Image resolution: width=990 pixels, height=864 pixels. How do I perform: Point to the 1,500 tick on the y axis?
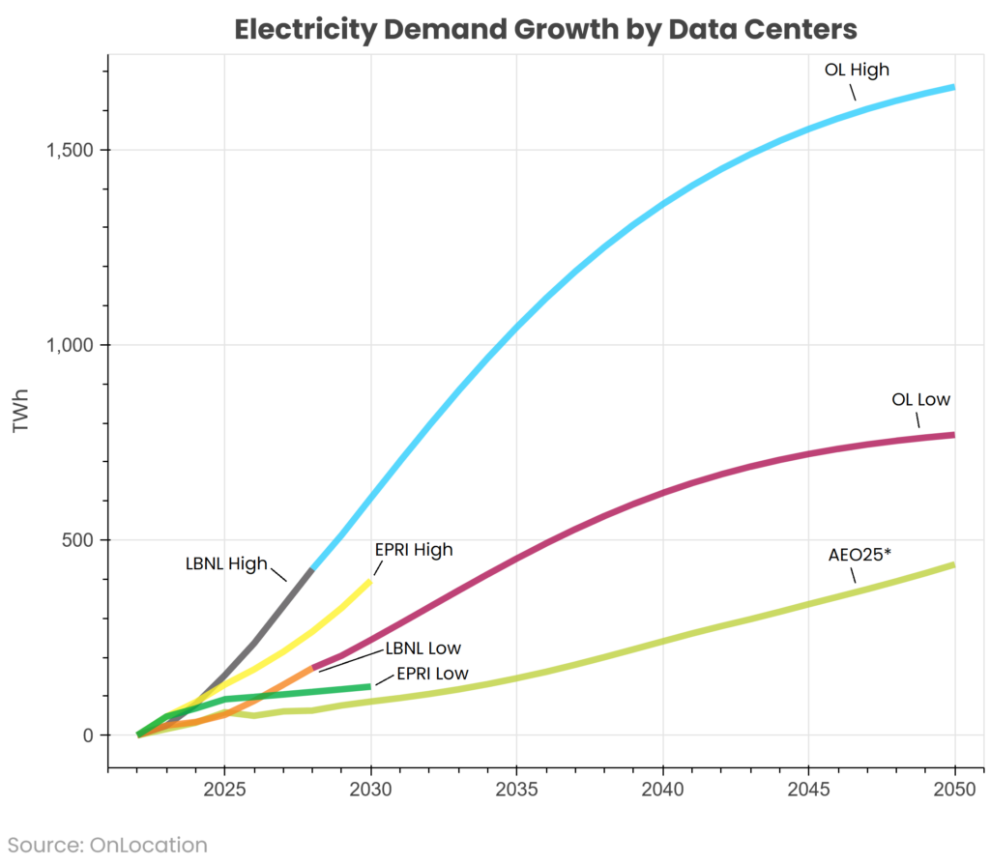click(x=67, y=150)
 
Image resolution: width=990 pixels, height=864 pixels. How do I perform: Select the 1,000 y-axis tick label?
click(x=67, y=345)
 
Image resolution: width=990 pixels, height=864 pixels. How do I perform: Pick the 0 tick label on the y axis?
click(x=88, y=734)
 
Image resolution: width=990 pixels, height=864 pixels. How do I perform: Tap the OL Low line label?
click(x=920, y=399)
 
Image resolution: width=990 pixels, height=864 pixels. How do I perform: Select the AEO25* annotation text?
click(x=859, y=555)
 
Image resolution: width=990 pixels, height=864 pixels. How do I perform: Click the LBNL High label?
click(x=226, y=563)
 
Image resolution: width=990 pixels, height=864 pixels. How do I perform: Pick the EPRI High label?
click(x=413, y=550)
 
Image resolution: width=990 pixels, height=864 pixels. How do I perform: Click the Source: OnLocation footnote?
click(x=108, y=845)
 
